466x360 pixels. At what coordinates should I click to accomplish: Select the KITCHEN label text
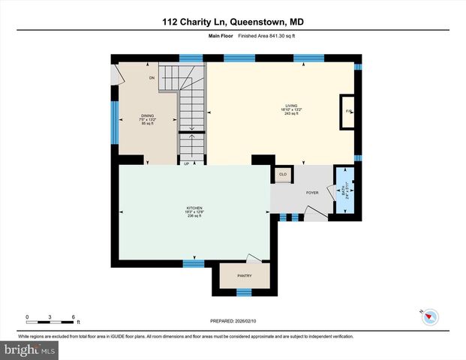pos(194,208)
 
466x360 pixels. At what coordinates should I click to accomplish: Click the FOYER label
pos(312,193)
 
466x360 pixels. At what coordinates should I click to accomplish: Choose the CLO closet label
pos(283,175)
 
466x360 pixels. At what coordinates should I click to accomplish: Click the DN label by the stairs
pos(151,78)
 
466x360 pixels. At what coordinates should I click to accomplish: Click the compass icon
pos(429,316)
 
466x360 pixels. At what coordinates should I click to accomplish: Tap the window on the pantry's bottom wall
pos(243,290)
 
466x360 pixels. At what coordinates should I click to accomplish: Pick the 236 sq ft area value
pos(194,217)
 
